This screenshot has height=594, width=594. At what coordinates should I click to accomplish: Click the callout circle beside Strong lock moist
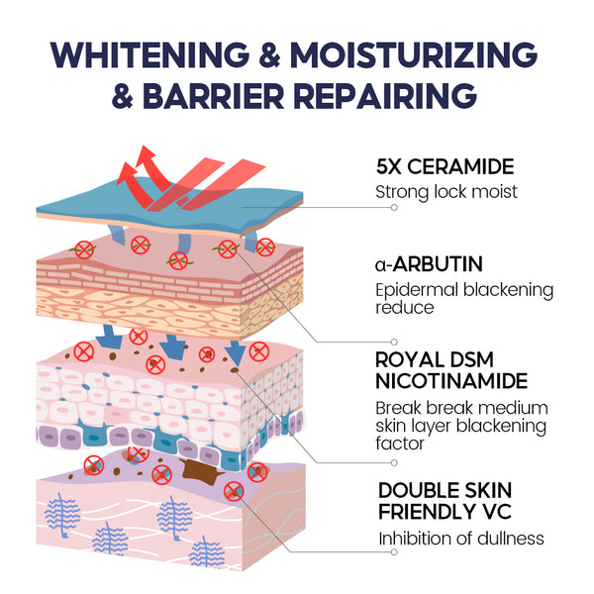(394, 208)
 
